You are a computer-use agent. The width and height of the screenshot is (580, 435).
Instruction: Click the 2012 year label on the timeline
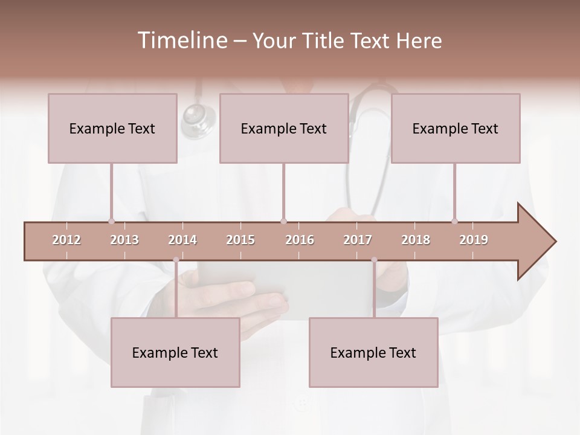pyautogui.click(x=66, y=240)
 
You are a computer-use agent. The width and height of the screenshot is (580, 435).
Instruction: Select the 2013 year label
pyautogui.click(x=124, y=240)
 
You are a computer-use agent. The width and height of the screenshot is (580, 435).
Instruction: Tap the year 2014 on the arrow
pyautogui.click(x=182, y=240)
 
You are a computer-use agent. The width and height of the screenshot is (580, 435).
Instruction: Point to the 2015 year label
pyautogui.click(x=240, y=240)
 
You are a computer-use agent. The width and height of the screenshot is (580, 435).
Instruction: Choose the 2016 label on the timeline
pyautogui.click(x=300, y=240)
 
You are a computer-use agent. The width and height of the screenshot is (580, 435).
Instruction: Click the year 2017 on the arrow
pyautogui.click(x=358, y=240)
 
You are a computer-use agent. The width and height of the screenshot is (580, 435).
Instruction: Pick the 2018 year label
pyautogui.click(x=416, y=240)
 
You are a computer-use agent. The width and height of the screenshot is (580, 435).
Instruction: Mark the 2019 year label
pyautogui.click(x=474, y=240)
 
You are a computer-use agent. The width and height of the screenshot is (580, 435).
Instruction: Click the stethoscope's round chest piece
pyautogui.click(x=197, y=116)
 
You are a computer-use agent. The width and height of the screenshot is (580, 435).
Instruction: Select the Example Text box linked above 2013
pyautogui.click(x=112, y=128)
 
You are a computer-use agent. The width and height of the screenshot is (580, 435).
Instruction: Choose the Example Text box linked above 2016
pyautogui.click(x=284, y=128)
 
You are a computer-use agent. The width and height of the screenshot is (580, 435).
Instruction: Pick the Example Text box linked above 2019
pyautogui.click(x=456, y=128)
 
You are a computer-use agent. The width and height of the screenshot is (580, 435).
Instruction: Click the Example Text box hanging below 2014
pyautogui.click(x=175, y=352)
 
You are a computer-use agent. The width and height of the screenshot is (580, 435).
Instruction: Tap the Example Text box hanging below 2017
pyautogui.click(x=373, y=352)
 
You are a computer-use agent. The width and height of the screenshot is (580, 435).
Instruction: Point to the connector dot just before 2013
pyautogui.click(x=111, y=221)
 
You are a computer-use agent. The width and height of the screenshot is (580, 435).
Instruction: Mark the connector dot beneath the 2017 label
pyautogui.click(x=374, y=260)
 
